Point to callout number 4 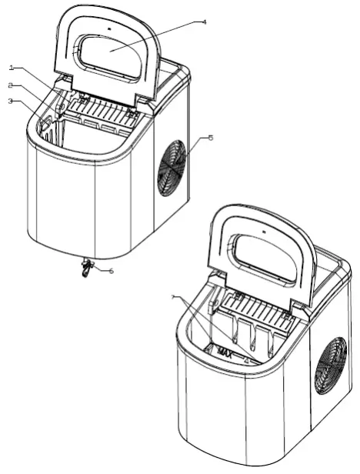click(204, 22)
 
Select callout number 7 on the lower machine click(175, 297)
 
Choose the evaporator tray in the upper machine click(104, 115)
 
